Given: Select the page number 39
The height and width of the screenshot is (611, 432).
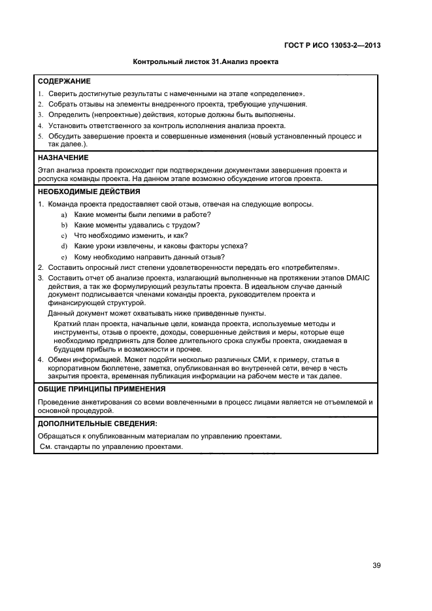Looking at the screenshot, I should (x=376, y=565).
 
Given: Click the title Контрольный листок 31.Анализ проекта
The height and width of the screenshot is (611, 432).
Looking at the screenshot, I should (x=205, y=62).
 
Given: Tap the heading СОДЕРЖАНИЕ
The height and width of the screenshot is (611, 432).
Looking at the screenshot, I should (x=64, y=82).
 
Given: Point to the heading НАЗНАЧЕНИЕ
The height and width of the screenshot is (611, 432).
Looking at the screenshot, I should (x=63, y=157).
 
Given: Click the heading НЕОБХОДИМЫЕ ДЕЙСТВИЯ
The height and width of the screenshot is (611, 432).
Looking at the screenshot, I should (x=89, y=192).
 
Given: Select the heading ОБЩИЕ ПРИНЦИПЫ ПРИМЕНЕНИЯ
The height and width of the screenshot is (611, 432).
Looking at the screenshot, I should (x=101, y=389).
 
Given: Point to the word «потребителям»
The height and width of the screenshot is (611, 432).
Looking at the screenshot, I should (x=312, y=267).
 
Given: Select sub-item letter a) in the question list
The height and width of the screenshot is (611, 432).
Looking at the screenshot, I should (x=64, y=215).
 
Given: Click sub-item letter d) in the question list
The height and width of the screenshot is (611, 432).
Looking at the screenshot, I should (x=64, y=246).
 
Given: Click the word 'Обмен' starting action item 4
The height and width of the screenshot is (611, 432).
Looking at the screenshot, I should (x=61, y=359).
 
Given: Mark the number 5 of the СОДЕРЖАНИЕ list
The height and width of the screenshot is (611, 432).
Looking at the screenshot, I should (x=41, y=136).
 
